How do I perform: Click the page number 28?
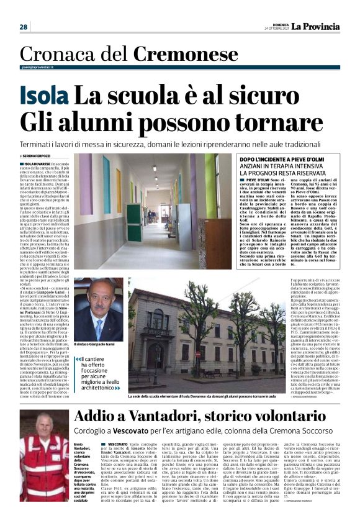coord(24,27)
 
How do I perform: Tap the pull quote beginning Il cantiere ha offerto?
coord(97,373)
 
